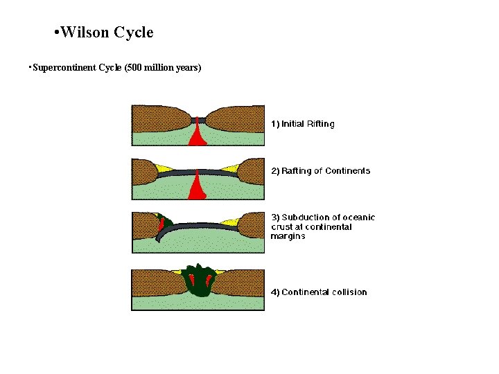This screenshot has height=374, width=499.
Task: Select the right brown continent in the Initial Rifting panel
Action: [x=236, y=118]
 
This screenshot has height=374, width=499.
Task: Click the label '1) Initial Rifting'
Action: [x=302, y=124]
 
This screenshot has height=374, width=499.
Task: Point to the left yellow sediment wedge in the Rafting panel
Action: [x=165, y=168]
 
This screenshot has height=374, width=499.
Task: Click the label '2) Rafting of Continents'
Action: [x=320, y=171]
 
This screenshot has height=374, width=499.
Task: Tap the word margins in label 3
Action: [x=288, y=236]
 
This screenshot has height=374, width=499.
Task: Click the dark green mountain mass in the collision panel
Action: [x=200, y=280]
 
